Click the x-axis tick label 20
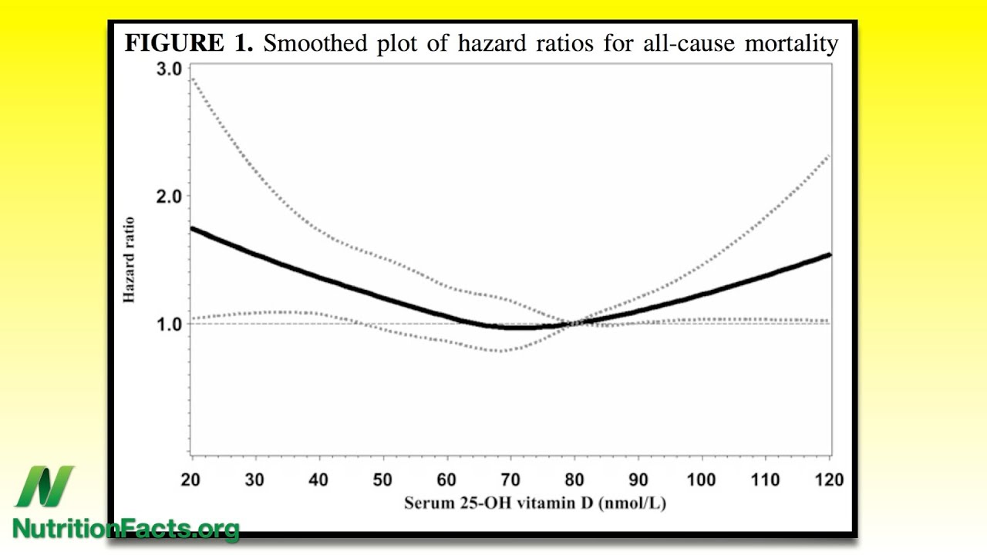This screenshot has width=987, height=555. (190, 479)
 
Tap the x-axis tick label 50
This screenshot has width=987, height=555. (382, 479)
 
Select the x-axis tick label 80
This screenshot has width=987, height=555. (574, 479)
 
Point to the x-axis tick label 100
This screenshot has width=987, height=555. (701, 479)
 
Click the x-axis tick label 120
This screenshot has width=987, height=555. (829, 479)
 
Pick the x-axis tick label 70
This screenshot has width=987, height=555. (510, 479)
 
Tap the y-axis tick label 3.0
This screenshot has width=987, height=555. (169, 69)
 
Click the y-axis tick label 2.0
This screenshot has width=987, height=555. (169, 197)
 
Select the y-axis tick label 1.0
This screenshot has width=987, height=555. (169, 325)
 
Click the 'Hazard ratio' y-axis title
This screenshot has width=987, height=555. (129, 260)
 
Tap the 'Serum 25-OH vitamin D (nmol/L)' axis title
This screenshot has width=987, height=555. (535, 503)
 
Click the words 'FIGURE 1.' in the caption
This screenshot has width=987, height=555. (189, 43)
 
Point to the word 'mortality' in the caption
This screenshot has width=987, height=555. (791, 43)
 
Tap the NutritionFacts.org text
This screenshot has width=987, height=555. (126, 529)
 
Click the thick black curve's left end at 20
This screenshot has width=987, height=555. (192, 228)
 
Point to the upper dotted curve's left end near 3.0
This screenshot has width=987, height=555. (192, 78)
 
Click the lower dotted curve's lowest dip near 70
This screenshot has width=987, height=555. (501, 351)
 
